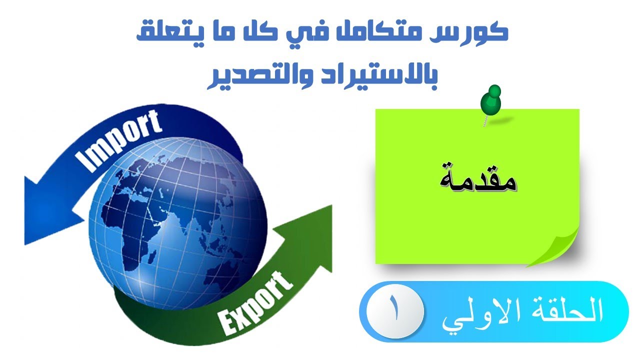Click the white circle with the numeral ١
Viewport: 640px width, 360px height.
(395, 311)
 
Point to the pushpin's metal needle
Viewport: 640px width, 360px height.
(485, 119)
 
